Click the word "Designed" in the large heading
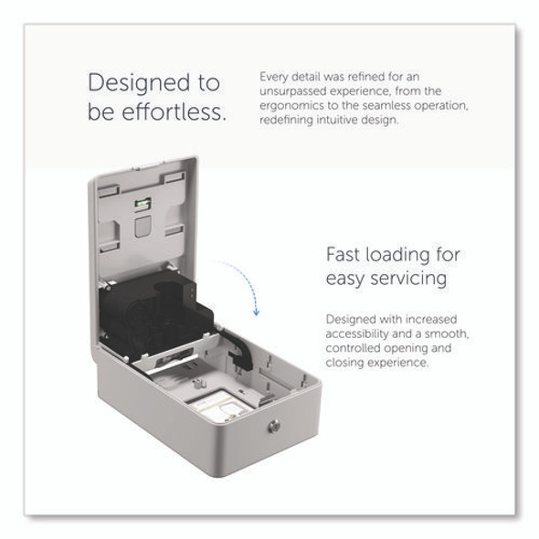139,84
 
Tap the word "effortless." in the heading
174,112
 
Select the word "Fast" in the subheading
343,255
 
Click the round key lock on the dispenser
274,427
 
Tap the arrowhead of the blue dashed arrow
256,312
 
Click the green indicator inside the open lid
143,203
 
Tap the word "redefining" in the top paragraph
286,120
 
